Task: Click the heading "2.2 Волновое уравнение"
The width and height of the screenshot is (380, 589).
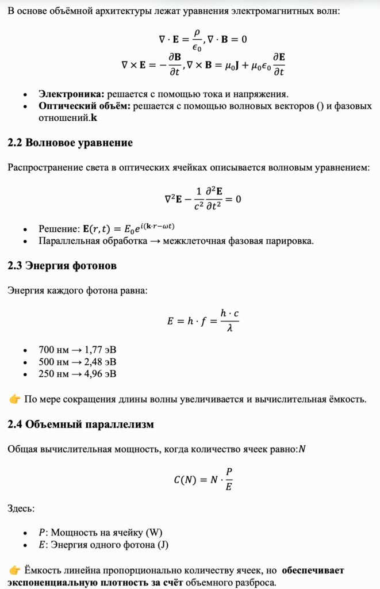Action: click(x=70, y=143)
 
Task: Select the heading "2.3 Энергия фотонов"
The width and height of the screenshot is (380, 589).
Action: click(x=62, y=266)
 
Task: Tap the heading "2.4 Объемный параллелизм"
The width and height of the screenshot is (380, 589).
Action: click(x=81, y=424)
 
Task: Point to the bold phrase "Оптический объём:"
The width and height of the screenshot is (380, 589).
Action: click(x=85, y=106)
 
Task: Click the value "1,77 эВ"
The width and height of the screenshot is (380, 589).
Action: click(x=100, y=349)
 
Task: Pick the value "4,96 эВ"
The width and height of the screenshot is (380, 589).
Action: click(x=100, y=374)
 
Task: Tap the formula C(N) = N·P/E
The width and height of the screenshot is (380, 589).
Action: click(x=203, y=479)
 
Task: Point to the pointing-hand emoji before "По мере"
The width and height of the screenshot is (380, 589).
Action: click(x=15, y=399)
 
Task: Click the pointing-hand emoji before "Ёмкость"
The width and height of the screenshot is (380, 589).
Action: click(x=15, y=570)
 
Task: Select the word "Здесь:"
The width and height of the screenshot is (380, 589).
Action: click(x=21, y=508)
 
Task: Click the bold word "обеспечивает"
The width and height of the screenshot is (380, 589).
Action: click(x=313, y=571)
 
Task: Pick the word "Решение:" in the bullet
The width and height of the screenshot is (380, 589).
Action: click(x=57, y=228)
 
